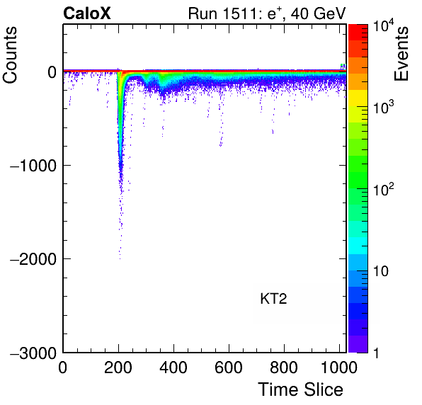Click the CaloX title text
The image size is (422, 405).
[87, 13]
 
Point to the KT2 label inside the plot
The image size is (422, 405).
[273, 299]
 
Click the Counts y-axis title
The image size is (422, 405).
[10, 55]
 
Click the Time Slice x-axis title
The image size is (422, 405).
[301, 389]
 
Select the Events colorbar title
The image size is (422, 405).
[401, 54]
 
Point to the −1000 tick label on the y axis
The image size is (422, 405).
[33, 165]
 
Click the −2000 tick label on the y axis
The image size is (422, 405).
[33, 259]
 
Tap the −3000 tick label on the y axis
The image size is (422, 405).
[33, 353]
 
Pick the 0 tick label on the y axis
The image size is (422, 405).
[52, 72]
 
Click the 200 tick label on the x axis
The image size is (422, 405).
[118, 367]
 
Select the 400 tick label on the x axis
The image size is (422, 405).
[173, 367]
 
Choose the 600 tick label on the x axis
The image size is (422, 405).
[229, 367]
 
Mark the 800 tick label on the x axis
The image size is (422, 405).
[284, 367]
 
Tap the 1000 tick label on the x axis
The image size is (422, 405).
[339, 367]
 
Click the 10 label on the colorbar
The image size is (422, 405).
[381, 271]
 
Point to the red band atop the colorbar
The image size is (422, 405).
[358, 33]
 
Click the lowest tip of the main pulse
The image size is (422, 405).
[120, 259]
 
